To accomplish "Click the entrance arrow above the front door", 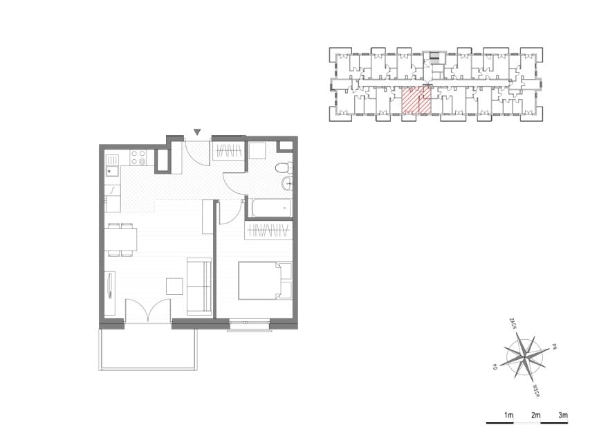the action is point(197,132).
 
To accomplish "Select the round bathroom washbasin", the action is point(287,184).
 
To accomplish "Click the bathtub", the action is point(272,208).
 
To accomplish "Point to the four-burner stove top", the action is point(138,157).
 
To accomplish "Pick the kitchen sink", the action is point(112,172).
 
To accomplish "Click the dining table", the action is point(120,239).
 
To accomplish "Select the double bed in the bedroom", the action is point(266,280).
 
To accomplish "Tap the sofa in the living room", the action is point(199,287).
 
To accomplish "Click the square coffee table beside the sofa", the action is point(175,287).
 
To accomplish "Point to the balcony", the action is point(148,349).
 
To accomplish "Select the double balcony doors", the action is point(148,310).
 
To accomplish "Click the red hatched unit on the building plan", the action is point(416,100).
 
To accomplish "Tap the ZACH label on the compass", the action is point(512,323).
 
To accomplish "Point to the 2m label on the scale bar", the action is point(535,415).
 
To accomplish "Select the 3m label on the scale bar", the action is point(563,415).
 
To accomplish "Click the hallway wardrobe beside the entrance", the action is point(228,152).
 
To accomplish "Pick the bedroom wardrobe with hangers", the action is point(268,230).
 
